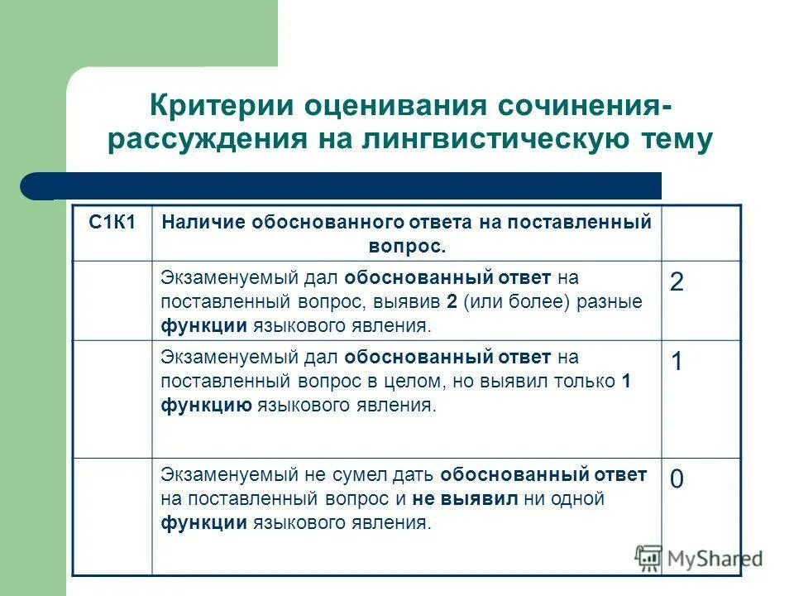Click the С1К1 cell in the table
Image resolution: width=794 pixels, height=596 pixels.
click(112, 222)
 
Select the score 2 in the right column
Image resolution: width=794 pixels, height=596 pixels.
click(677, 282)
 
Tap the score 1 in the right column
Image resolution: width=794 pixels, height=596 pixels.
click(677, 363)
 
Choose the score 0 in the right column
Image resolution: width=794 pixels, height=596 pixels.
click(677, 479)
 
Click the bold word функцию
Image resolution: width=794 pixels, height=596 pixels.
click(207, 406)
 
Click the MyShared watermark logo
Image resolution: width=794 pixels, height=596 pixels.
click(699, 558)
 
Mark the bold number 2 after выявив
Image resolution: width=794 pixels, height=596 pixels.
click(452, 302)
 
